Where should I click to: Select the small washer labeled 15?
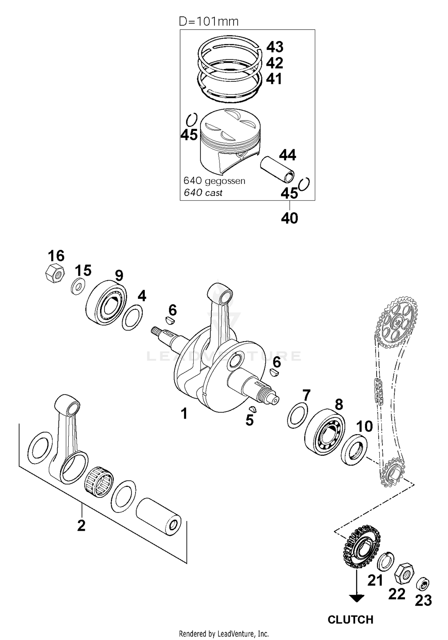(78, 286)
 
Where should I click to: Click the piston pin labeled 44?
(278, 170)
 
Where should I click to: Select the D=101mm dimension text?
(208, 22)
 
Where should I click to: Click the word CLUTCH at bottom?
(350, 619)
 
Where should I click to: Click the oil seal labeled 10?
(355, 450)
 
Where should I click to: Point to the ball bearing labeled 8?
(325, 433)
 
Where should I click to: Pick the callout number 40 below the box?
(289, 218)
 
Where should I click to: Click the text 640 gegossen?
(214, 181)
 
